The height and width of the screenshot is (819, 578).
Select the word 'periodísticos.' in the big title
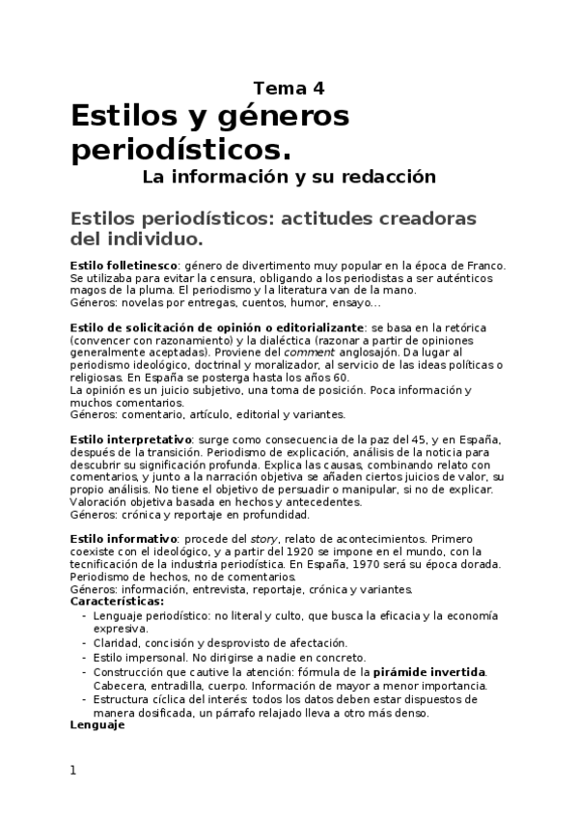pos(180,151)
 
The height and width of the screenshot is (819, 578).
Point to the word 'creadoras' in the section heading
pos(416,218)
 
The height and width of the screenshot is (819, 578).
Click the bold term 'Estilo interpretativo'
pos(129,439)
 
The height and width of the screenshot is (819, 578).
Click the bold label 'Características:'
pos(117,600)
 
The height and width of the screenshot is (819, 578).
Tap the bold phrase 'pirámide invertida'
pos(429,672)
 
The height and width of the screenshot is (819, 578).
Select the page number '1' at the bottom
pos(72,771)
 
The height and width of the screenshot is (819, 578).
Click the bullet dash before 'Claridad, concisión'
pos(85,643)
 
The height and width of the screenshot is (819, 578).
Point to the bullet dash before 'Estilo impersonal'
pos(85,658)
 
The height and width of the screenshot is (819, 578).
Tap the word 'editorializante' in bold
pos(316,327)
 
